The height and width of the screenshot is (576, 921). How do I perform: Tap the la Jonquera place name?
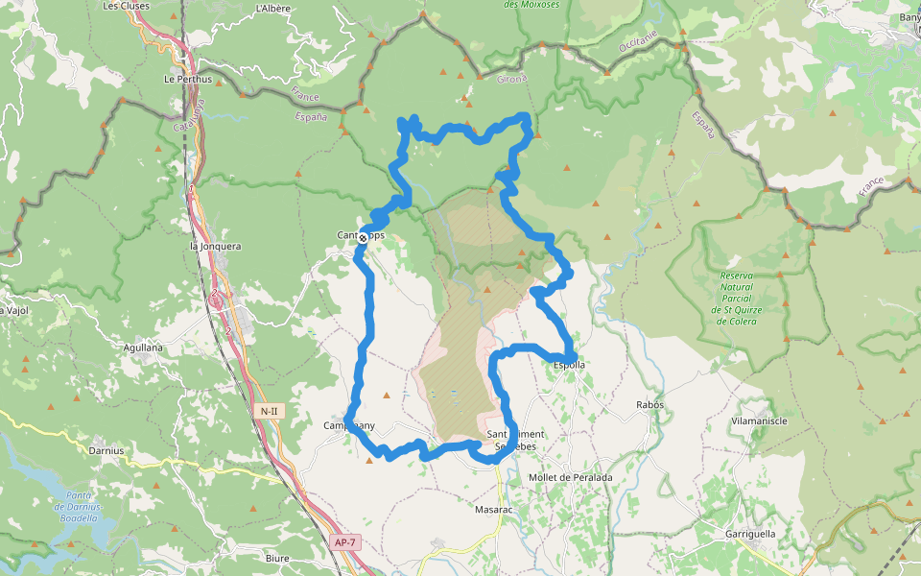coord(215,247)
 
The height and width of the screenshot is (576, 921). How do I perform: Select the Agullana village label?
coord(143,347)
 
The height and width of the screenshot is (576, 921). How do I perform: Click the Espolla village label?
coord(570,365)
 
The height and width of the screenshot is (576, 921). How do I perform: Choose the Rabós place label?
coord(649,405)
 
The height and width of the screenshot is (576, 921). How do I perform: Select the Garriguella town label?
coord(750,534)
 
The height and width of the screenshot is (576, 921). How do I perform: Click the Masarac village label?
coord(493,510)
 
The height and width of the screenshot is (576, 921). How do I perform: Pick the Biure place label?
coord(277,558)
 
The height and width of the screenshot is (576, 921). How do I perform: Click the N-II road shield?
coord(269,411)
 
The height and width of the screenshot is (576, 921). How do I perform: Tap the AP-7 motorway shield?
coord(345,542)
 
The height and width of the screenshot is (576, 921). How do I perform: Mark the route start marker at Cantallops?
coord(363,237)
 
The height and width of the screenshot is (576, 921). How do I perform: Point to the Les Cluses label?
coord(124,6)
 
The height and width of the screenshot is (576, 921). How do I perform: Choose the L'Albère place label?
coord(273,9)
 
